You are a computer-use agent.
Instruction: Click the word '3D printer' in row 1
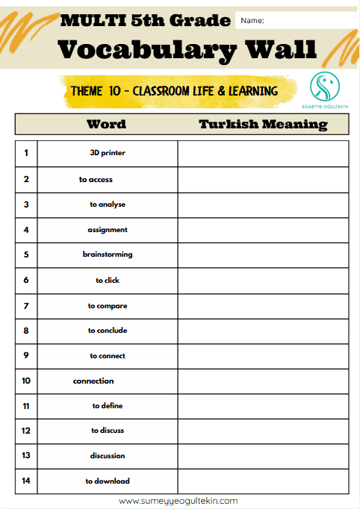[x=107, y=153]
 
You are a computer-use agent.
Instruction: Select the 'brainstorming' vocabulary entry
[x=107, y=254]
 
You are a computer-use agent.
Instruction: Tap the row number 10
[x=26, y=381]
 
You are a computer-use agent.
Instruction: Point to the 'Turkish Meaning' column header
[x=263, y=125]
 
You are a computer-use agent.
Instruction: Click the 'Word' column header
[x=106, y=125]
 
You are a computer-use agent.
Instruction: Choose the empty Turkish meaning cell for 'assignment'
[x=263, y=230]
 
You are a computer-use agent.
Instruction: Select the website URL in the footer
[x=179, y=501]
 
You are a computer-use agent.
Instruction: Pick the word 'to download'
[x=107, y=481]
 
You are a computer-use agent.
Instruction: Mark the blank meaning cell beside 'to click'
[x=263, y=280]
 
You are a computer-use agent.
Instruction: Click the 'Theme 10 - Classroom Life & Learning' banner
[x=174, y=91]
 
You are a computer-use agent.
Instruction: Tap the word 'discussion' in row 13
[x=107, y=456]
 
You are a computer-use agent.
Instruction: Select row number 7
[x=26, y=305]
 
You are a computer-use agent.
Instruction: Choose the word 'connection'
[x=93, y=381]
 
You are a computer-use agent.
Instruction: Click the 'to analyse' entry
[x=107, y=204]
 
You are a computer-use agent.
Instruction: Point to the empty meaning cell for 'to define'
[x=263, y=406]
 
